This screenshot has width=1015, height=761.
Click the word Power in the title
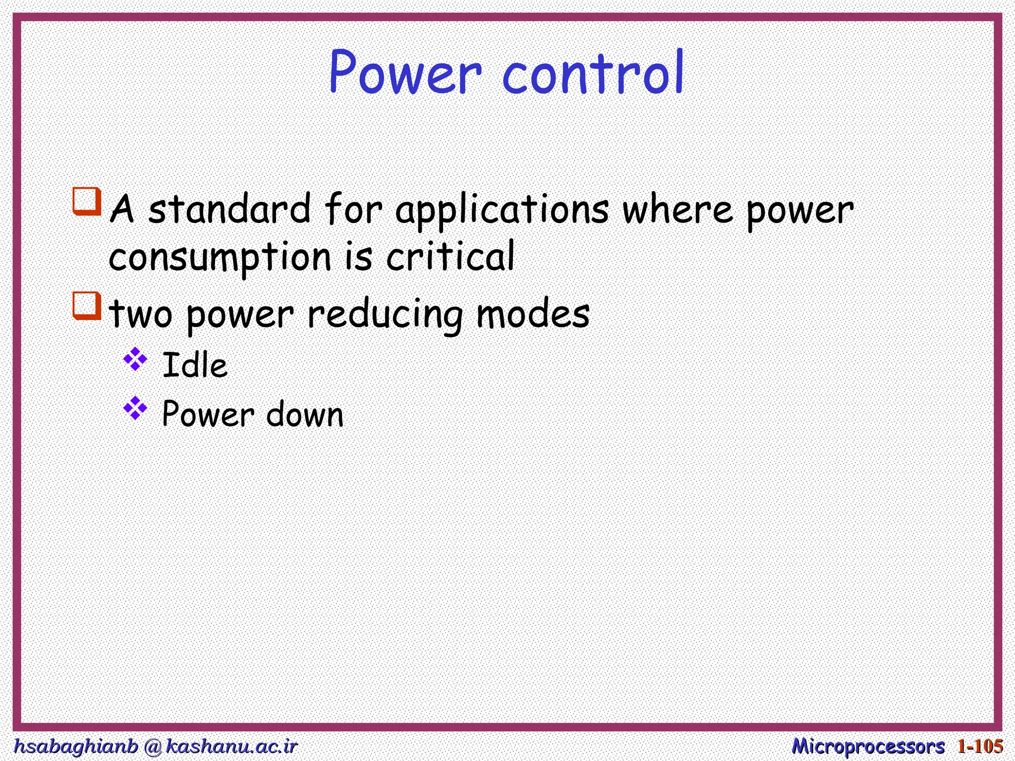pos(405,73)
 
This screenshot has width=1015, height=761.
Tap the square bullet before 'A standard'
pos(87,201)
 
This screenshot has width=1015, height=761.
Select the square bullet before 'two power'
pos(87,306)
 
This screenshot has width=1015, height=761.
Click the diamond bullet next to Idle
pos(135,359)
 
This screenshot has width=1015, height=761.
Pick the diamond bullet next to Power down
pos(135,408)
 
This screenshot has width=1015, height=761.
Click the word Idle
pos(195,366)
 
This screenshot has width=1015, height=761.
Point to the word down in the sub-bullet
pos(305,415)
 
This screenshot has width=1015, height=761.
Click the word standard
pos(229,209)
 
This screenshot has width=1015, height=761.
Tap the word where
pos(677,209)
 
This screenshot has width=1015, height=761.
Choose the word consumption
pos(220,258)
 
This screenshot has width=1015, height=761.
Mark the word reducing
pos(385,315)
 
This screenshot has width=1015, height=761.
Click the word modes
pos(533,314)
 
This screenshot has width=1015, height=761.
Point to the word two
pos(141,314)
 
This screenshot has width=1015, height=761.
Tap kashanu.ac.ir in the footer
pos(231,746)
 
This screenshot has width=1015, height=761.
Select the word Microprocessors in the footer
pos(868,746)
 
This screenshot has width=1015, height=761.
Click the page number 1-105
pos(980,746)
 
